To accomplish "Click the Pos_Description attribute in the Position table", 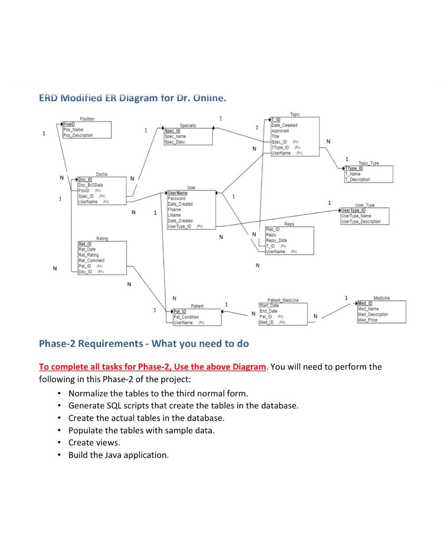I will coord(78,135).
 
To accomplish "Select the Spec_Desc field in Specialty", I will coord(175,142).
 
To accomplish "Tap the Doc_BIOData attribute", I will coord(91,185).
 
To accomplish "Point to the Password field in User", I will coord(177,198).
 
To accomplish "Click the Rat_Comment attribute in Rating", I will coord(91,261).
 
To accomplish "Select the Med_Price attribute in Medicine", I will coord(367,320).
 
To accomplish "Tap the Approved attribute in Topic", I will coord(280,131).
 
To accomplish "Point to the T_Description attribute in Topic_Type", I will coord(358,179).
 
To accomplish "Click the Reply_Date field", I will coord(276,241).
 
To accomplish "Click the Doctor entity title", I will coord(102,174).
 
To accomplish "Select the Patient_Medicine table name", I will coord(283,300).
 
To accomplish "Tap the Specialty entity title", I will coord(188,126).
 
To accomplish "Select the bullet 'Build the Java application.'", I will coord(119,455).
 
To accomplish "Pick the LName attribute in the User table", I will coord(174,215).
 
